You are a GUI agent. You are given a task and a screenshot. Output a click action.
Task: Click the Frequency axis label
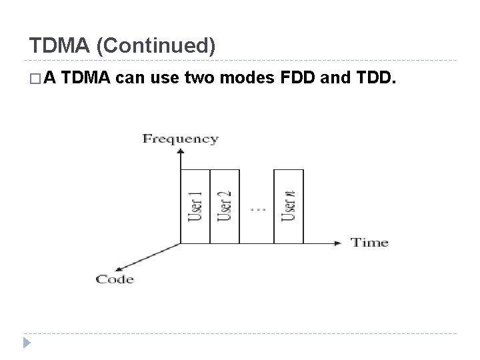(181, 139)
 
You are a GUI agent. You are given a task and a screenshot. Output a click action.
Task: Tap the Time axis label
(369, 242)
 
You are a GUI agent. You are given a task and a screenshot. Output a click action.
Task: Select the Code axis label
(115, 279)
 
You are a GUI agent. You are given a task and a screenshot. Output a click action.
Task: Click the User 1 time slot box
(195, 205)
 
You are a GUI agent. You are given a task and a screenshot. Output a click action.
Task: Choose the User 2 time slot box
(225, 205)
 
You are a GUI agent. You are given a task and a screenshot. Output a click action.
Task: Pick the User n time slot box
(289, 205)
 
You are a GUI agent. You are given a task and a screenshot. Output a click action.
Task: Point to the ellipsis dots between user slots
(257, 209)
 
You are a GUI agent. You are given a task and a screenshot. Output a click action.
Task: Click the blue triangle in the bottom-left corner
(27, 343)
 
